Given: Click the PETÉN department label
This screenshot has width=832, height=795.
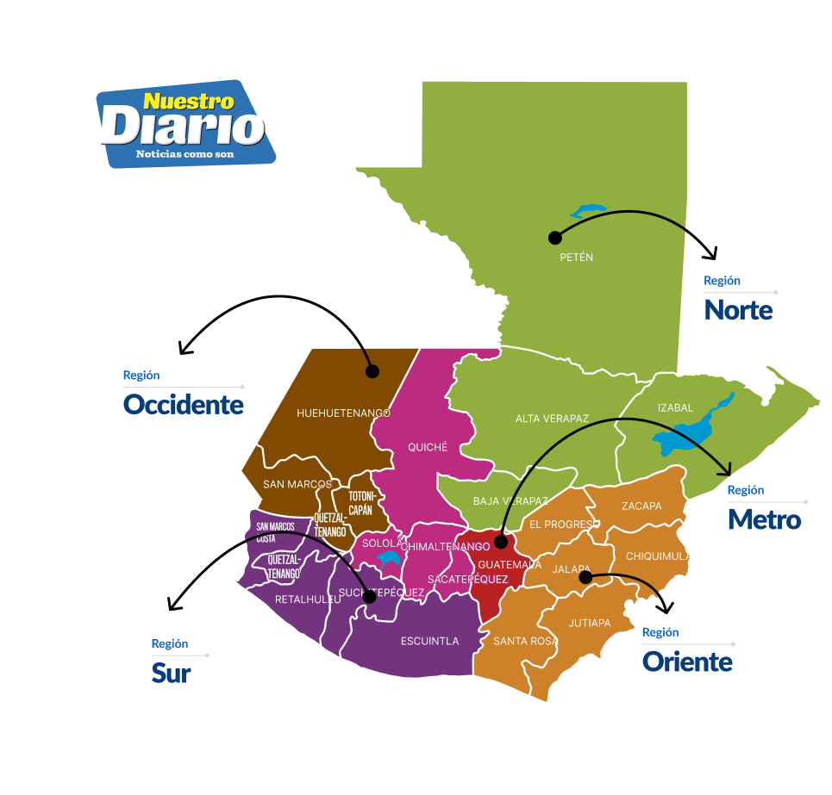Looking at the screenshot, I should click(x=577, y=258).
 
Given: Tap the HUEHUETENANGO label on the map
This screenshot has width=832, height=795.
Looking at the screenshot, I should click(x=343, y=413).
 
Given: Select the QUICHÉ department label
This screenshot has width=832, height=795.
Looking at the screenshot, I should click(x=428, y=447).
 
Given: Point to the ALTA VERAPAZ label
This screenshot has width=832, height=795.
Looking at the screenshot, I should click(x=552, y=419).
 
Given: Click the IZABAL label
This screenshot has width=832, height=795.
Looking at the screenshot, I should click(x=675, y=407).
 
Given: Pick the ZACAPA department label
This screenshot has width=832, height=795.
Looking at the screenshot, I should click(x=641, y=506).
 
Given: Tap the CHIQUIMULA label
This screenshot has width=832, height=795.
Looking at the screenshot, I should click(x=658, y=556).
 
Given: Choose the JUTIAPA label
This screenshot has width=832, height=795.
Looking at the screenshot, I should click(x=590, y=623).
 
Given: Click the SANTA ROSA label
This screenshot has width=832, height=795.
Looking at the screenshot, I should click(x=526, y=641).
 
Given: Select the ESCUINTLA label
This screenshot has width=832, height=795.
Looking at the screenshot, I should click(x=429, y=641).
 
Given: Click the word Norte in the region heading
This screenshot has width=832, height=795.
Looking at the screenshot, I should click(x=738, y=309).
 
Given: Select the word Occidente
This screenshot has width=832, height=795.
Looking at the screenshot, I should click(x=184, y=404).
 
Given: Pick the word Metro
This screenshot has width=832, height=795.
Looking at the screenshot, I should click(x=764, y=519).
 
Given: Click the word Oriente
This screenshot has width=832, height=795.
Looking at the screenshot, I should click(x=687, y=661).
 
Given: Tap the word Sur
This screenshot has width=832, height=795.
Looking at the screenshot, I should click(x=171, y=674).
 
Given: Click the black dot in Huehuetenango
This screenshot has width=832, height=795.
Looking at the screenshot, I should click(x=372, y=371).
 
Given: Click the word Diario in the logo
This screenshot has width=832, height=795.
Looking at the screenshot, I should click(x=182, y=127).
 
